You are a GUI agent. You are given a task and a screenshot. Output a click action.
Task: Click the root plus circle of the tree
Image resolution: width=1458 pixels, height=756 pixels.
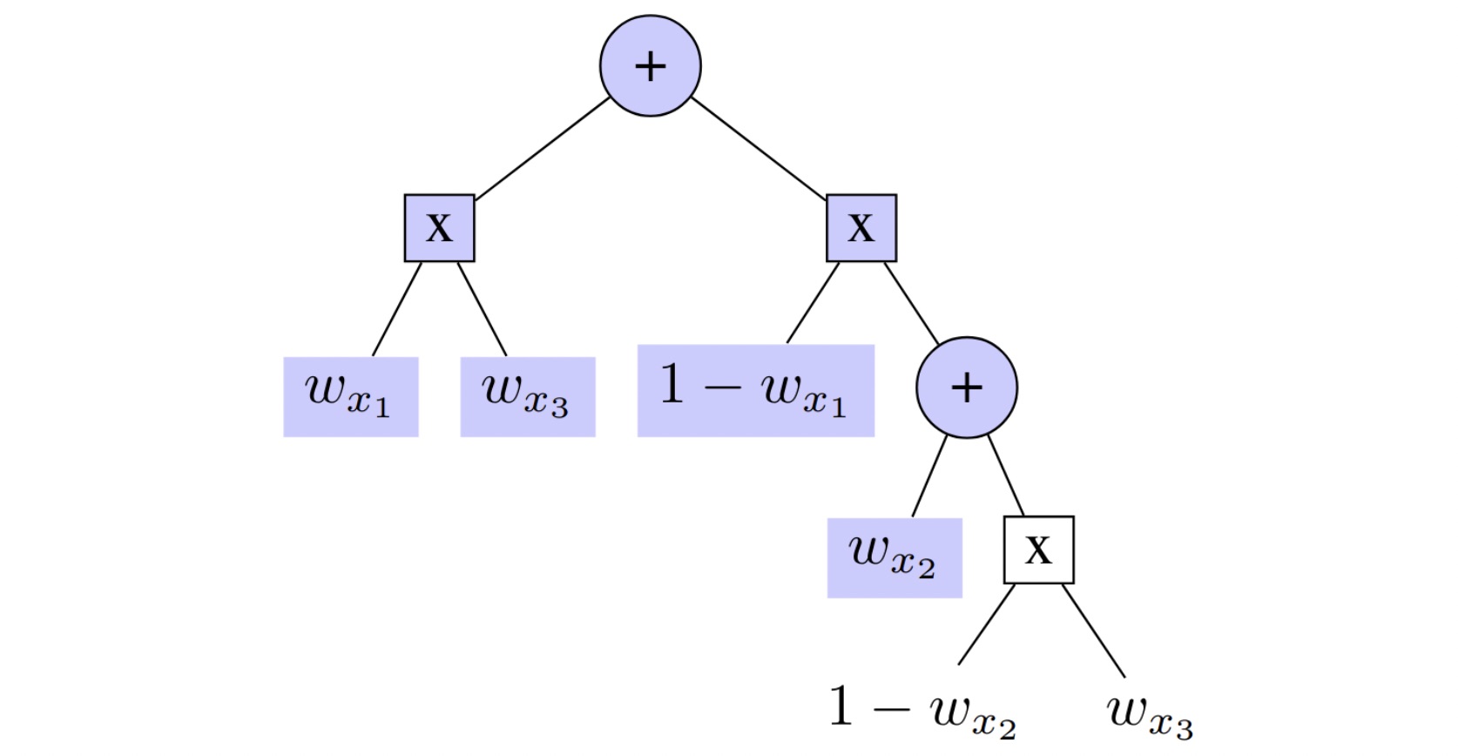coord(650,65)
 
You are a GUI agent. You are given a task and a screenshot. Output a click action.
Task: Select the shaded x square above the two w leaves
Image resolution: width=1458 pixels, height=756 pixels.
coord(439,228)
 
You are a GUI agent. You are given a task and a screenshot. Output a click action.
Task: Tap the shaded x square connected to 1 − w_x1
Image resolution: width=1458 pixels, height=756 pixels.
coord(861,228)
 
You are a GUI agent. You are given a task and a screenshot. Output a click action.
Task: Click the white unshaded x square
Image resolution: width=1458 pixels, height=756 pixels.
coord(1038,550)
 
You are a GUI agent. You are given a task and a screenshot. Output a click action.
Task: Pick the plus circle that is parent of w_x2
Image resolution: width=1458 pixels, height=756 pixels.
coord(966,387)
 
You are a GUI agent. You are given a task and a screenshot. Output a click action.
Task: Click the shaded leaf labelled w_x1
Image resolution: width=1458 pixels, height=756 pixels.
coord(350,396)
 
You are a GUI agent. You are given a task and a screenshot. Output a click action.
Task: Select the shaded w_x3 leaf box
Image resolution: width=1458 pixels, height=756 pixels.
coord(527,396)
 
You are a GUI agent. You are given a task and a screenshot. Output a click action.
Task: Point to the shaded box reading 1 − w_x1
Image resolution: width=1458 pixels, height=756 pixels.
coord(755,390)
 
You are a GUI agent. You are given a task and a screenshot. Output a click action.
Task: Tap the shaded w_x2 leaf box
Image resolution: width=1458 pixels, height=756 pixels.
coord(894,557)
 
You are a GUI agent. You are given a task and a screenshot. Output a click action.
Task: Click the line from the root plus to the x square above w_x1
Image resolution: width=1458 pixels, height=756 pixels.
coord(543,149)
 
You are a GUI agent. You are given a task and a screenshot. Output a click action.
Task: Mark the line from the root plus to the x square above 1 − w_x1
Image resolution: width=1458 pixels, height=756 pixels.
coord(759,149)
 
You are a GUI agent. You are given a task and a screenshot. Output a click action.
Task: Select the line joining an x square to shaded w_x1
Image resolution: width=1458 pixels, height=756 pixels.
coord(397,308)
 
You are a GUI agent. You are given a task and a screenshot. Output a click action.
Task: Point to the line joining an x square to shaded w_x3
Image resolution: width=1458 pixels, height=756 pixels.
coord(483,308)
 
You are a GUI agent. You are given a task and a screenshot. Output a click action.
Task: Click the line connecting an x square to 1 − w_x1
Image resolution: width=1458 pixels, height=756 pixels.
coord(813,302)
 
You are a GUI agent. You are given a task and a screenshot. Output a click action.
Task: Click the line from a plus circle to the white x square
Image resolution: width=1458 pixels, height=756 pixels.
coord(1006,476)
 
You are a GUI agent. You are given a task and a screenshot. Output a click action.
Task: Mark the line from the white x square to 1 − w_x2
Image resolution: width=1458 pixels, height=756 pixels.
coord(987,624)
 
